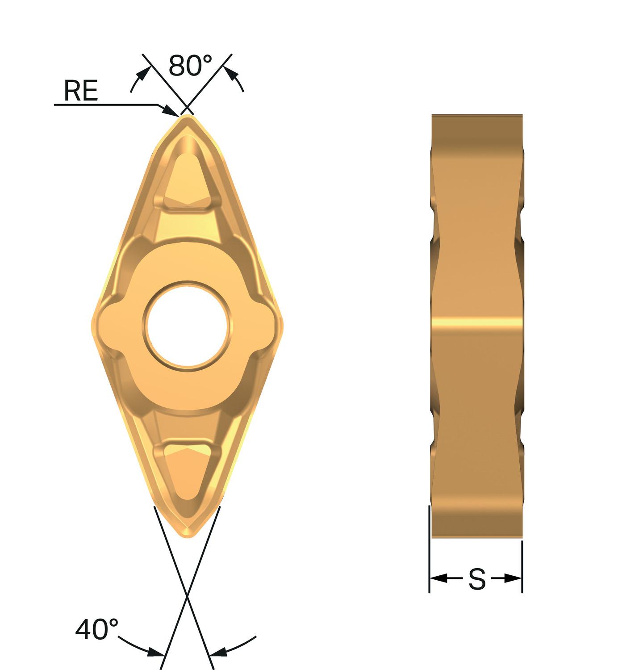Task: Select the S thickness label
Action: coord(476,579)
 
